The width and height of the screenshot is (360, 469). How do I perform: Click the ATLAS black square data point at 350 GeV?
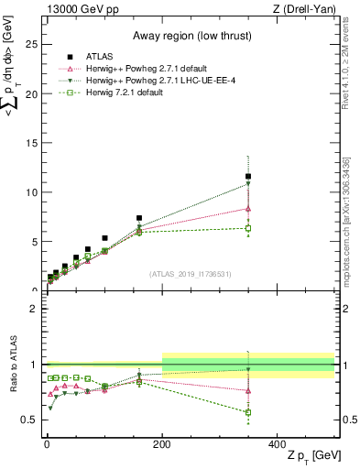coord(248,176)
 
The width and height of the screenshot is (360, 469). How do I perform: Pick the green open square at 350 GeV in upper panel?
coord(248,228)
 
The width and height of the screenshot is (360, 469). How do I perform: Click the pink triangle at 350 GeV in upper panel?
coord(248,208)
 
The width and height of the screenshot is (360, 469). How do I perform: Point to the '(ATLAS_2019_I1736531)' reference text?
coord(190,274)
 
